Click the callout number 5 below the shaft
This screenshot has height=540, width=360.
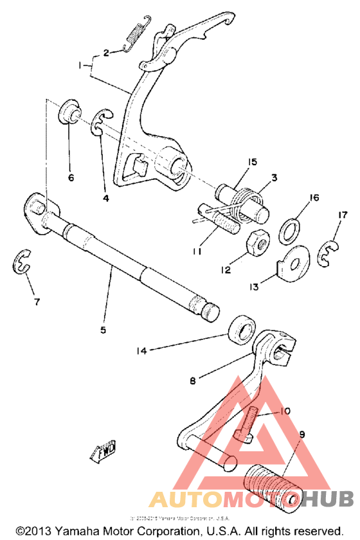click(103, 330)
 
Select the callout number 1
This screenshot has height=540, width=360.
click(80, 65)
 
